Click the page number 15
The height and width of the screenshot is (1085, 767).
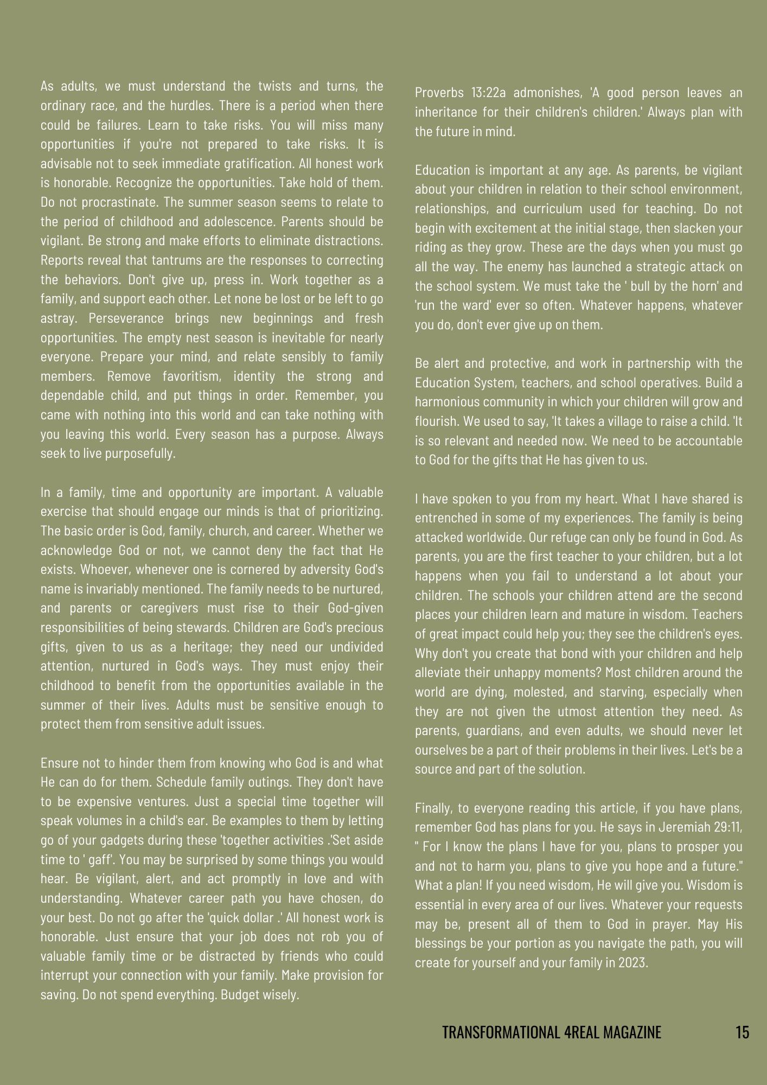point(742,1031)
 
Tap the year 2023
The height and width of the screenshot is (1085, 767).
point(634,963)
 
